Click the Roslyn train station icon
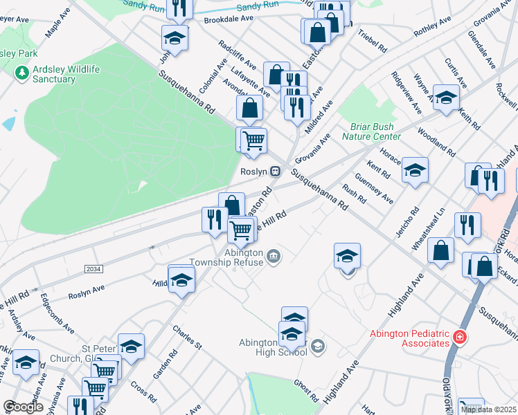point(276,171)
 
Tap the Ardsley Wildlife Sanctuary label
point(52,74)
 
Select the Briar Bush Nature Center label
point(371,131)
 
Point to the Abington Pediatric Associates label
point(409,338)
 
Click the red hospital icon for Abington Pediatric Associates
point(459,338)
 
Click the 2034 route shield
point(93,268)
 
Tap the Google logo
point(24,407)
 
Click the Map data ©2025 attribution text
point(489,409)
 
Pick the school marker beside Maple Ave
point(175,38)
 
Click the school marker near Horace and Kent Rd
point(415,169)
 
